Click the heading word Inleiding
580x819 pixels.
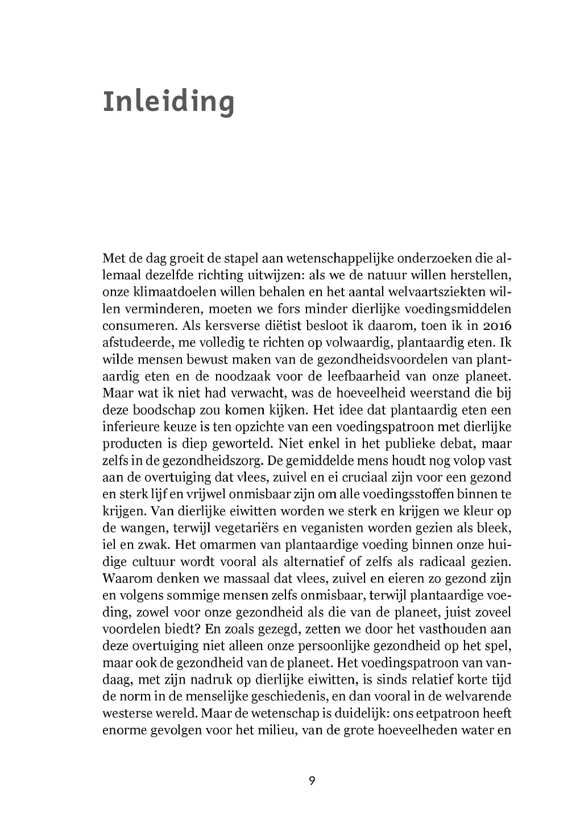tap(168, 102)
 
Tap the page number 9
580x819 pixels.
tap(312, 780)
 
